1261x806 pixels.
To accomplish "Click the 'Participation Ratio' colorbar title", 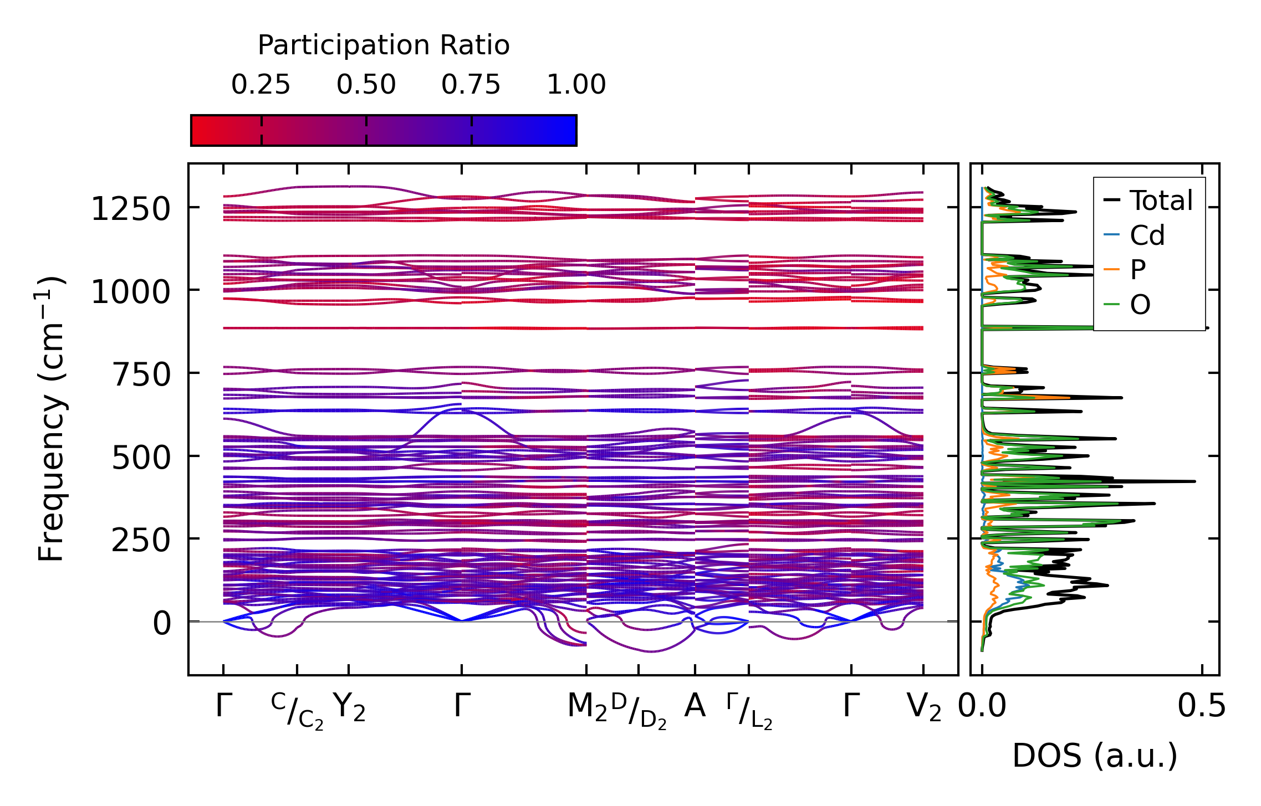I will pos(384,45).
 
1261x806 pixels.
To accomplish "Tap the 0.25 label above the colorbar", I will pos(261,85).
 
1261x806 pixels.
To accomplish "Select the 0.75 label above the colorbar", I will pos(471,85).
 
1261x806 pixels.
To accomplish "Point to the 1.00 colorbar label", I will pos(576,85).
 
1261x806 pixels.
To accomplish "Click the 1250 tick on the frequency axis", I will pos(130,209).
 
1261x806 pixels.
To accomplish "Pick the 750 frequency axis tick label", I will pos(141,375).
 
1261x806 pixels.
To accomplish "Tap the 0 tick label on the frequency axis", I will pos(162,623).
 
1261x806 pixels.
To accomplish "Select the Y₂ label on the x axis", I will pos(349,707).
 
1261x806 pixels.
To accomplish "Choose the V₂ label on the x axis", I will pos(923,707).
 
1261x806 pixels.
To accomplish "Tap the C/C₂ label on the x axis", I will pos(297,710).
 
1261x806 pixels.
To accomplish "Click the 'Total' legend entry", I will pos(1161,201).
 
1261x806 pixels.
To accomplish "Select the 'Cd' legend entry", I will pos(1147,235).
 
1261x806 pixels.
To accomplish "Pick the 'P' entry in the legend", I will pos(1137,270).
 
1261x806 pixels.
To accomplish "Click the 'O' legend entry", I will pos(1140,304).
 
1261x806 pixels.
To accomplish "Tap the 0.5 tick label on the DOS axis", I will pos(1202,707).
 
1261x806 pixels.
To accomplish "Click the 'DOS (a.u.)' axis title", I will pos(1095,756).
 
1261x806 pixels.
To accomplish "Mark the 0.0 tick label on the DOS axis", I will pos(982,707).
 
